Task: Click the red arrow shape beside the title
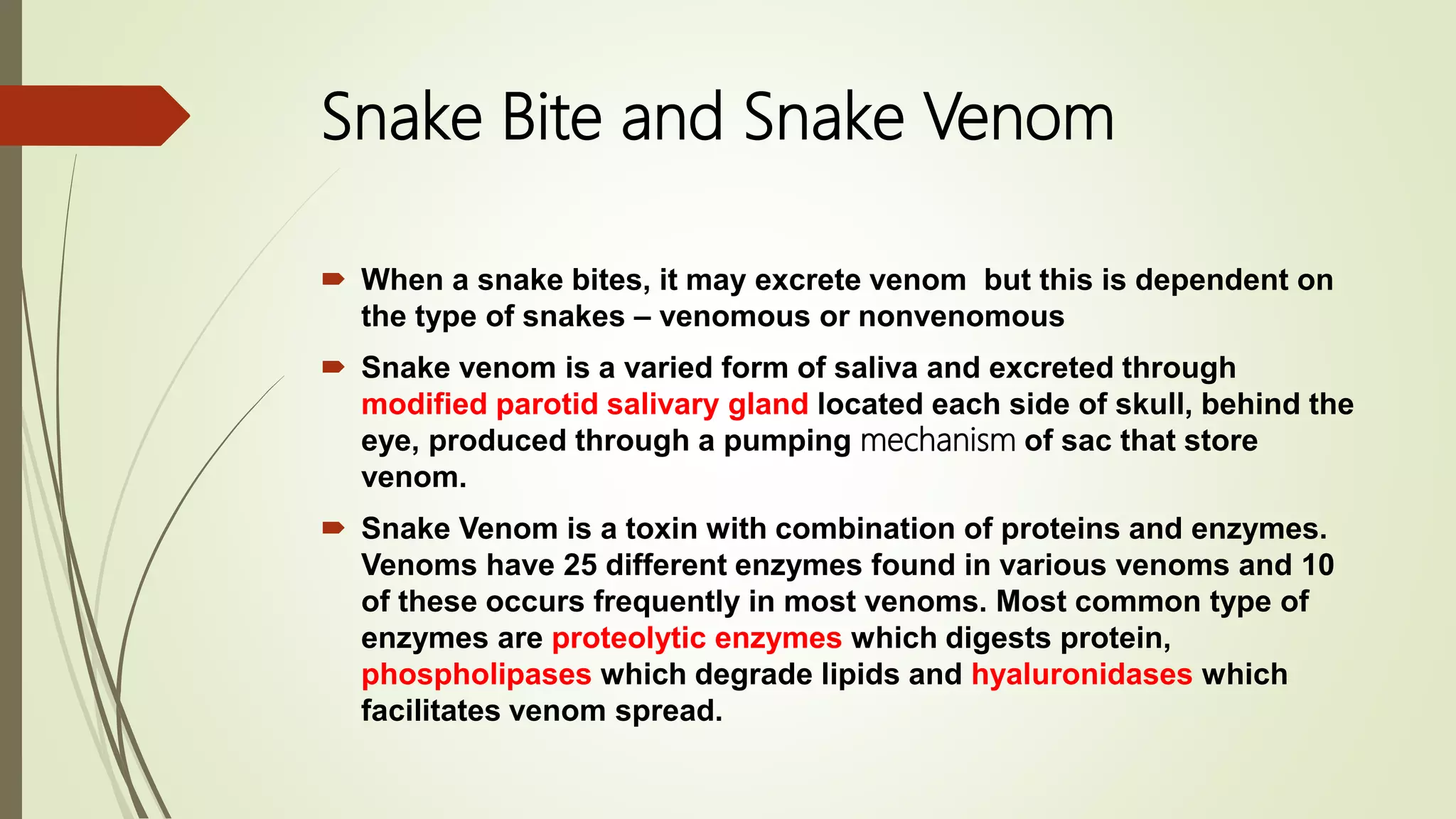pyautogui.click(x=92, y=116)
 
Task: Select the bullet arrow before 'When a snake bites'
pyautogui.click(x=333, y=279)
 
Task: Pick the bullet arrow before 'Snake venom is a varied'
pyautogui.click(x=333, y=368)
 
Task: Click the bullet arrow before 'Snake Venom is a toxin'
pyautogui.click(x=333, y=528)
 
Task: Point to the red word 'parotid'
pyautogui.click(x=547, y=405)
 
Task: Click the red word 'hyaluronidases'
pyautogui.click(x=1081, y=674)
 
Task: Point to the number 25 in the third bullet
pyautogui.click(x=580, y=565)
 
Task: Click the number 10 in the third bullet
pyautogui.click(x=1318, y=565)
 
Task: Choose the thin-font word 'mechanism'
pyautogui.click(x=937, y=441)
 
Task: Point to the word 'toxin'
pyautogui.click(x=660, y=529)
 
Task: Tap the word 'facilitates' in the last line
pyautogui.click(x=430, y=710)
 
